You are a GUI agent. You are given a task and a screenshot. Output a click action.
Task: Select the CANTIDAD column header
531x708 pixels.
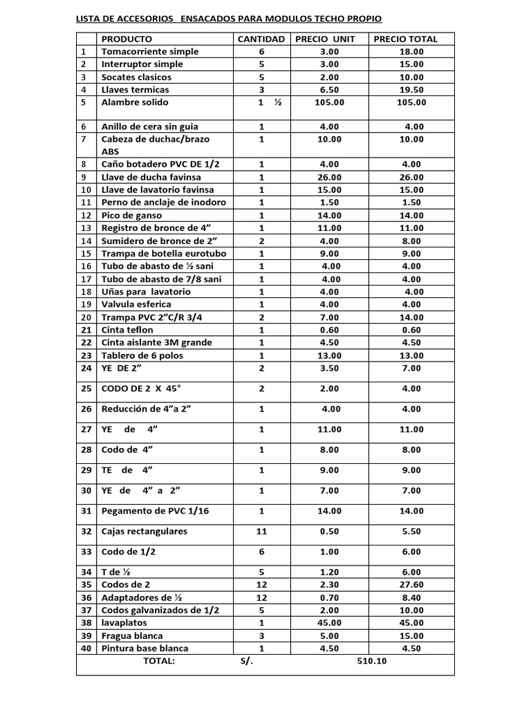click(261, 39)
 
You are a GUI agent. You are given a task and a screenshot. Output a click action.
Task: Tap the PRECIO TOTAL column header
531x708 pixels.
click(405, 39)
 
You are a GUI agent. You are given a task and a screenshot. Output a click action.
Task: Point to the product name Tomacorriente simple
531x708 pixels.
click(150, 52)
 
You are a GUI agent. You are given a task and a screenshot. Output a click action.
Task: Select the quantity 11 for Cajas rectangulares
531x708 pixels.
click(261, 532)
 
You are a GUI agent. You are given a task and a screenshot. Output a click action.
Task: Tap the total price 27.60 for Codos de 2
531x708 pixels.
click(412, 585)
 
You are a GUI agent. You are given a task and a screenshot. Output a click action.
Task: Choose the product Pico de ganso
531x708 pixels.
click(131, 216)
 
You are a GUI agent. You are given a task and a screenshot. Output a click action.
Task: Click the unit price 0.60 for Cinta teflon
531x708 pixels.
click(329, 330)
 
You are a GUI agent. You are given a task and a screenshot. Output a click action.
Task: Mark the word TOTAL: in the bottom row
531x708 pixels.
click(159, 661)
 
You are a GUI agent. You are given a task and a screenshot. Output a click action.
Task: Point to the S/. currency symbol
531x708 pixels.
click(247, 661)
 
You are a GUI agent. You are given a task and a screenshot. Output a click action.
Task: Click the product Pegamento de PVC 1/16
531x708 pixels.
click(155, 511)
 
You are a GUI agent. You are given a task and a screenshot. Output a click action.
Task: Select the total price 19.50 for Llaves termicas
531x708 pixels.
click(412, 90)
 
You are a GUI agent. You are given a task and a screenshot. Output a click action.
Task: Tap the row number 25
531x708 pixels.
click(86, 389)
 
